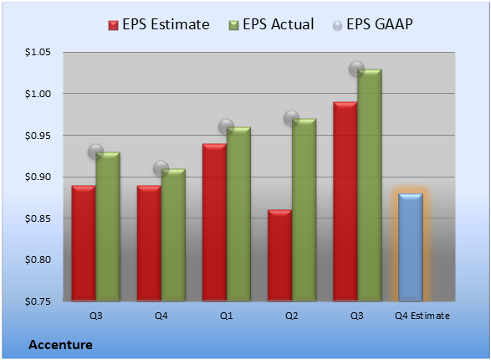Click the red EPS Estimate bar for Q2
coord(279,255)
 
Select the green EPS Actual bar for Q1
coord(238,214)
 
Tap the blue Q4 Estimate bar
coord(411,248)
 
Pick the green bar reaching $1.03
coord(370,185)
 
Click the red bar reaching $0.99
coord(345,202)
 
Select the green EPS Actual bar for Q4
coord(173,235)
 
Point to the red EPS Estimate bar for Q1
coord(214,223)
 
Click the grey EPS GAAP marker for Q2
coord(292,118)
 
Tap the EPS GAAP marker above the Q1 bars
coord(226,127)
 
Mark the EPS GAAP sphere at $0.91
coord(161,169)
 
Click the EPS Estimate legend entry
coord(159,24)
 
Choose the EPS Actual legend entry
coord(271,24)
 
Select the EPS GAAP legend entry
coord(372,24)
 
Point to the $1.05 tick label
coord(38,52)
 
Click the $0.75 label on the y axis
coord(38,301)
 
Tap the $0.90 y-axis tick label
coord(38,177)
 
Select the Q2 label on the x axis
coord(292,316)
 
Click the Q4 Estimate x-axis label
coord(422,316)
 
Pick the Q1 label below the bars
coord(226,316)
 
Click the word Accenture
coord(60,345)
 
